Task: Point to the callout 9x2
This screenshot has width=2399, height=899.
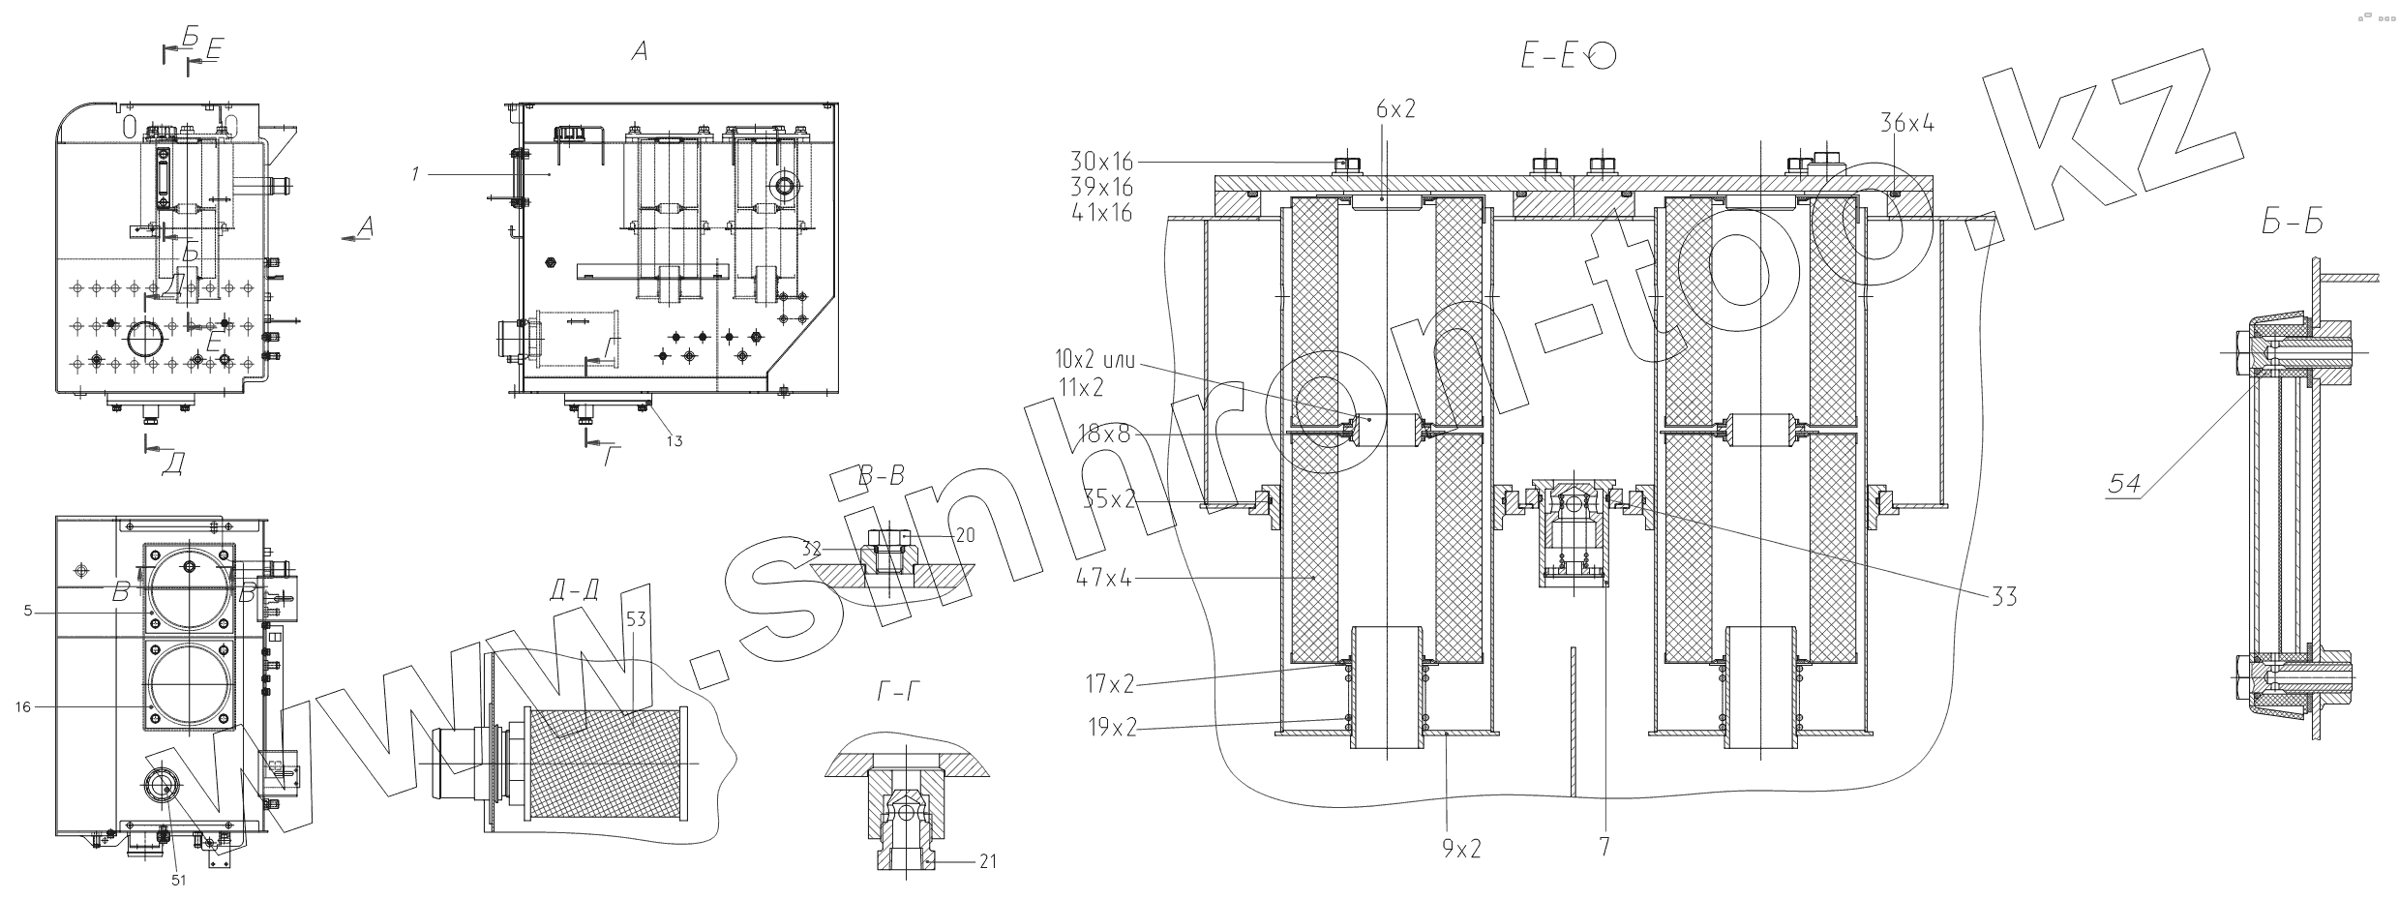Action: pyautogui.click(x=1461, y=849)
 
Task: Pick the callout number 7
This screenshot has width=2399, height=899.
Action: pyautogui.click(x=1604, y=847)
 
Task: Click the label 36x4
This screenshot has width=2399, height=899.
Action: pyautogui.click(x=1906, y=123)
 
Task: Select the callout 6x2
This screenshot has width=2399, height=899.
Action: pyautogui.click(x=1396, y=109)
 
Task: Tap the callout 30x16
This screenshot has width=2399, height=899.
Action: pyautogui.click(x=1101, y=162)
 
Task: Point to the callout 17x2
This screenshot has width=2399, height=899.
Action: pyautogui.click(x=1108, y=685)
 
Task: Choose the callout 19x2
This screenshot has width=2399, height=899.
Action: pyautogui.click(x=1108, y=727)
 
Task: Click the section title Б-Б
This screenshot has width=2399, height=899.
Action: pyautogui.click(x=2291, y=224)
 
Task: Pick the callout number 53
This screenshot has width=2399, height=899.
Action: pyautogui.click(x=635, y=618)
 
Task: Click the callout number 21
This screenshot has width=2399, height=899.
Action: pyautogui.click(x=987, y=861)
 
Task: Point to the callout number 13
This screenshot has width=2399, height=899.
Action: pyautogui.click(x=674, y=441)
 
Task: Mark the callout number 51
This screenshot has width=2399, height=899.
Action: pyautogui.click(x=178, y=880)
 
